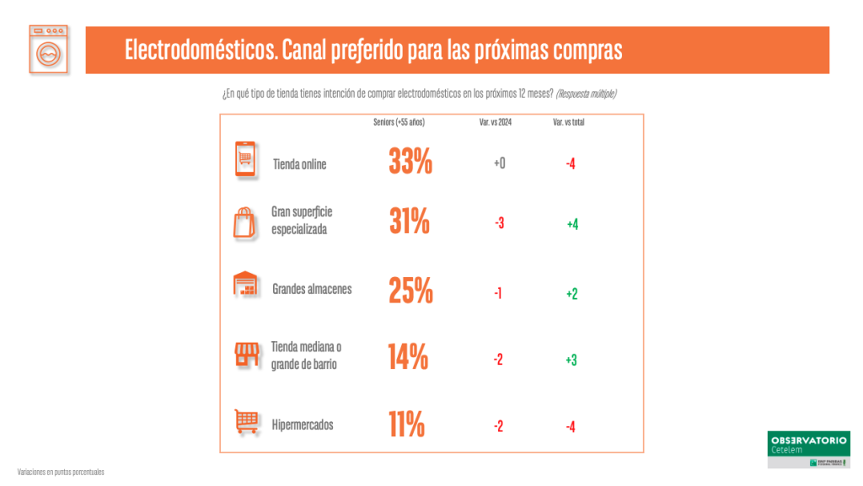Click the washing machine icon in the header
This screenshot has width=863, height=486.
coord(48,50)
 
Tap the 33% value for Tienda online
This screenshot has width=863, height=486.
coord(410,162)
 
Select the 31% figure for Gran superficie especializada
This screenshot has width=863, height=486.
coord(410,222)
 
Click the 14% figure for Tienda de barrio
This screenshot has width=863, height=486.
coord(408,357)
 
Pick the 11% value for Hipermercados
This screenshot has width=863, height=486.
coord(406,425)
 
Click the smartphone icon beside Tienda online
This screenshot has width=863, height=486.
coord(245,160)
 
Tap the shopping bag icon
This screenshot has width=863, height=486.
coord(244,222)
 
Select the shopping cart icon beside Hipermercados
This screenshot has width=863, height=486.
coord(245,421)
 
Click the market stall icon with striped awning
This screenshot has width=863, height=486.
coord(245,355)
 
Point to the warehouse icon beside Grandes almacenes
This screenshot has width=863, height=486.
coord(245,285)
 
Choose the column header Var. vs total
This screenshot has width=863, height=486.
coord(568,122)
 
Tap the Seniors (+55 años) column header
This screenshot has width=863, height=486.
coord(399,122)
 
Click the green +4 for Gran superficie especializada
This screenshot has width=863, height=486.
coord(572,224)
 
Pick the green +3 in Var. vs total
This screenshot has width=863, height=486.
coord(571,360)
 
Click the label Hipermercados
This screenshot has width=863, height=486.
coord(303,425)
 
